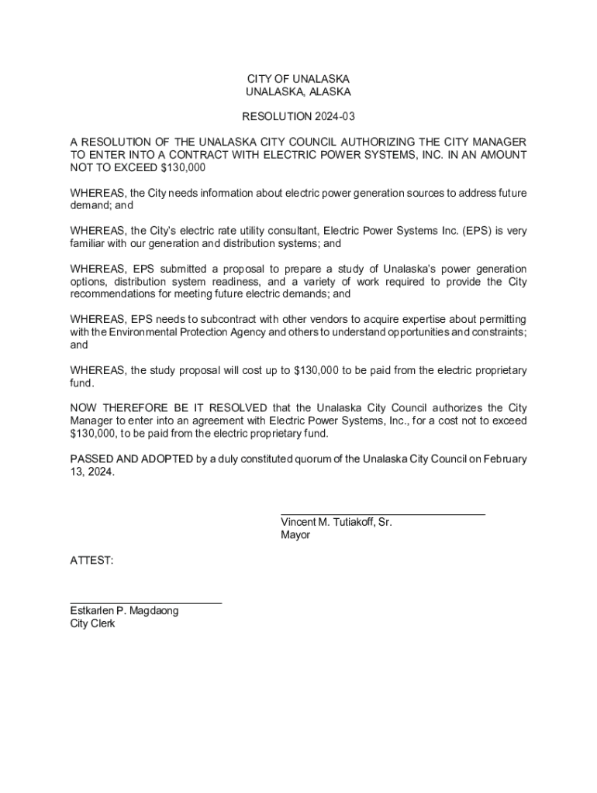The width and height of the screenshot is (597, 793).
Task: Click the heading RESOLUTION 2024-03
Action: pyautogui.click(x=298, y=117)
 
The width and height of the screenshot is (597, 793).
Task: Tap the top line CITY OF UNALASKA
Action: pyautogui.click(x=298, y=80)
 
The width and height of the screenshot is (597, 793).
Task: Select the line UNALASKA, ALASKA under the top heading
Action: pyautogui.click(x=298, y=92)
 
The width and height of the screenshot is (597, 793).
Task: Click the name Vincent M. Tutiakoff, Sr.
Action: pyautogui.click(x=336, y=522)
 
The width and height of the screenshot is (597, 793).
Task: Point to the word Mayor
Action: pyautogui.click(x=295, y=534)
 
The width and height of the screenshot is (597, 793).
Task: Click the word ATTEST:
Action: pyautogui.click(x=91, y=559)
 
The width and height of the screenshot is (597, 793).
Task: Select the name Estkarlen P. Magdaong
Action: pyautogui.click(x=124, y=610)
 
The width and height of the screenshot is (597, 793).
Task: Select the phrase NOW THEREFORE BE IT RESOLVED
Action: pyautogui.click(x=168, y=408)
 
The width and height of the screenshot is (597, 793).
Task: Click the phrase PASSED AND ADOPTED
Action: pyautogui.click(x=131, y=459)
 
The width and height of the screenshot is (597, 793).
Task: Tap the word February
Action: pyautogui.click(x=505, y=459)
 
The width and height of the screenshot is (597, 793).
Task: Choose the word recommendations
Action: pyautogui.click(x=120, y=294)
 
